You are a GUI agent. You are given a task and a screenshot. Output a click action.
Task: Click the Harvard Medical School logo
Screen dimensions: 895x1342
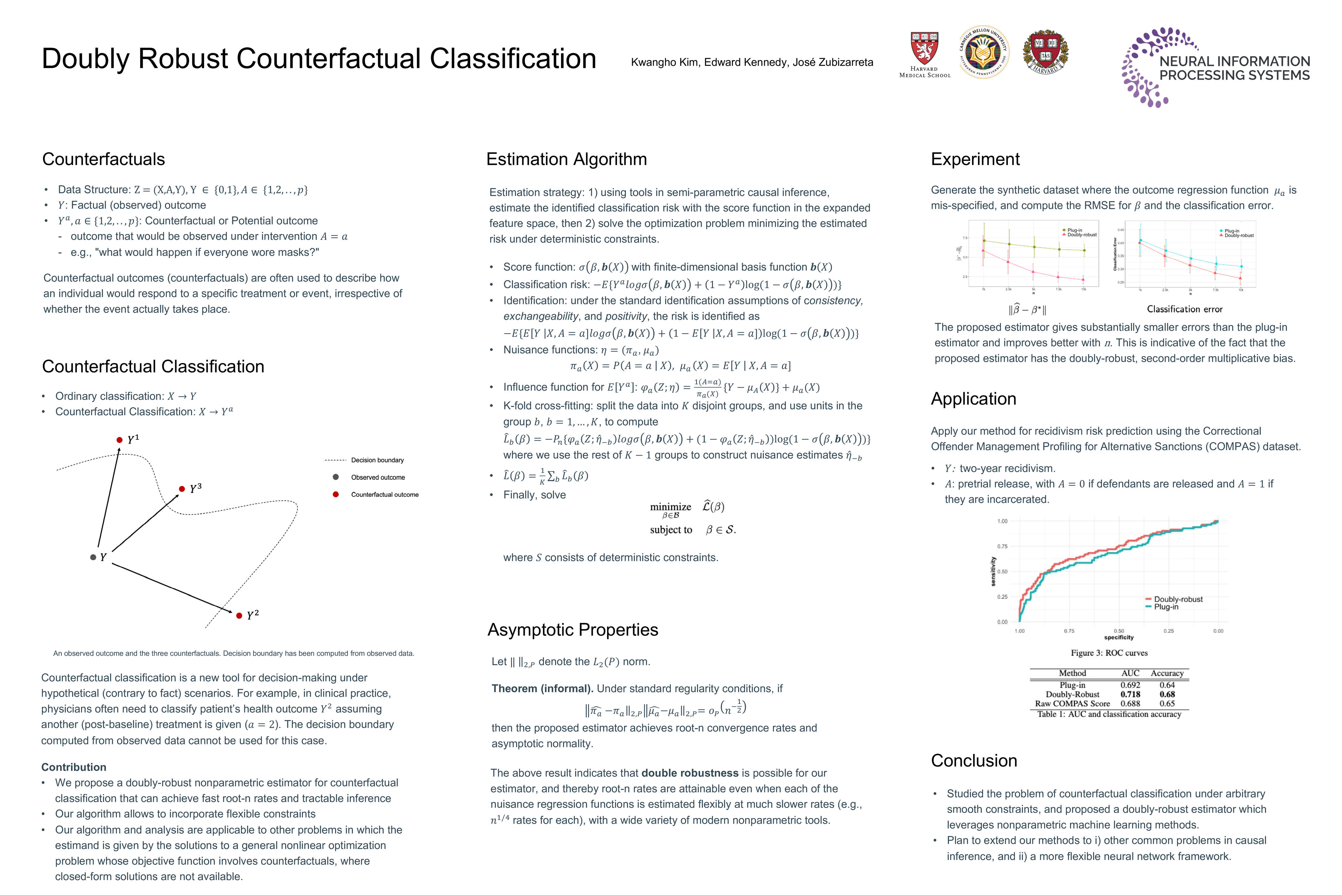924,54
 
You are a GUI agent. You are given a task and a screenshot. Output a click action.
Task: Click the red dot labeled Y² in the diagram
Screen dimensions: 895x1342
239,615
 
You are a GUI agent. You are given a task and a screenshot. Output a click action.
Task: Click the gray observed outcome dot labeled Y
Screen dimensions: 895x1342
93,557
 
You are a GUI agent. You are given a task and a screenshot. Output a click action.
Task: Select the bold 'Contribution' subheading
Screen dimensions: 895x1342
74,767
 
